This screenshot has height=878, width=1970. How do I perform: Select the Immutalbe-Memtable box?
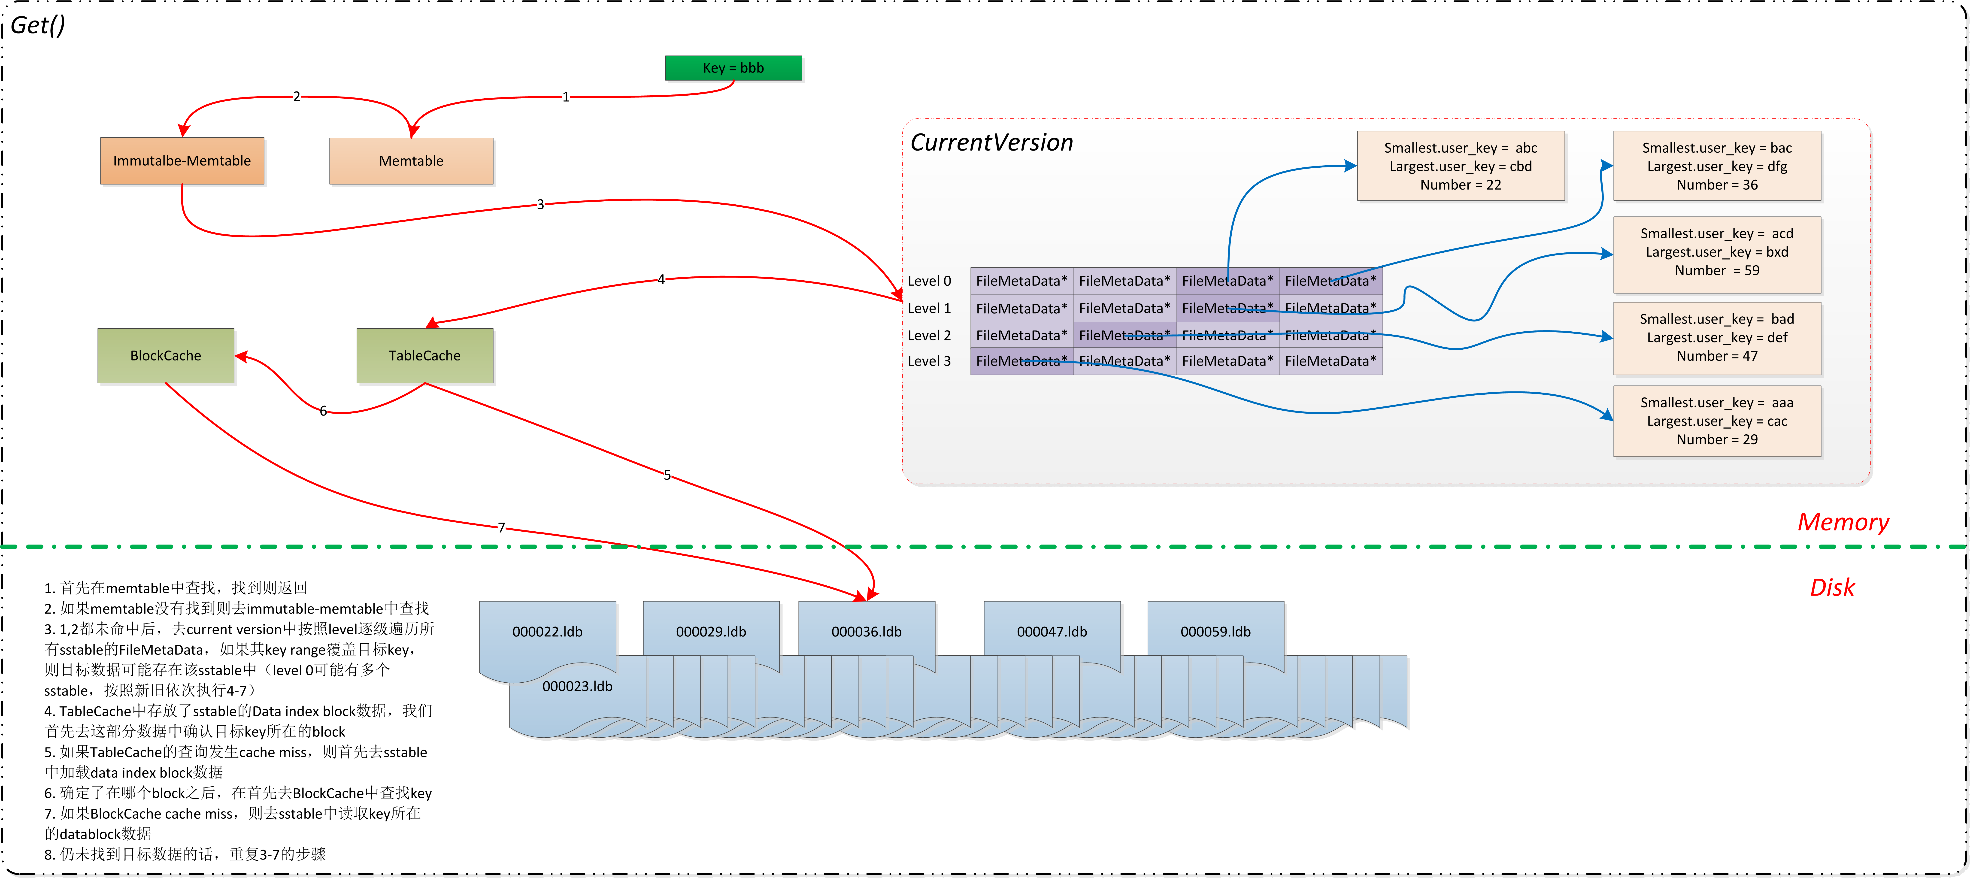[x=182, y=160]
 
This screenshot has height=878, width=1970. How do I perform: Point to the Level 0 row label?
[x=929, y=281]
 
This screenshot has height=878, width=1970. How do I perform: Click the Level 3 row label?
[x=929, y=361]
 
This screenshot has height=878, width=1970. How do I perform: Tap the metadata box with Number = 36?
[x=1717, y=166]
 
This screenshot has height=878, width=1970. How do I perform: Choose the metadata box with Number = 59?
[x=1717, y=252]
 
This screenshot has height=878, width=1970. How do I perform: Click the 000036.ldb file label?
[x=867, y=632]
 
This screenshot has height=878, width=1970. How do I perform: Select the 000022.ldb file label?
[x=548, y=632]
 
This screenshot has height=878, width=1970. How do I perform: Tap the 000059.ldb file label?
[x=1215, y=632]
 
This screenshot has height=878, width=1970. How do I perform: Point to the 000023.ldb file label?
[x=577, y=686]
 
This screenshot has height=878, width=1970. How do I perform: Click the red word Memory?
[x=1843, y=522]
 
